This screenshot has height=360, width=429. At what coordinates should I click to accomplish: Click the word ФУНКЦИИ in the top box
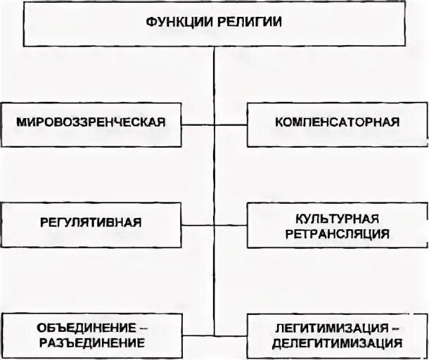point(181,22)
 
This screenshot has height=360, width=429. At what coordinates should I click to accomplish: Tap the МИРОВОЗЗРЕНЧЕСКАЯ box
point(91,123)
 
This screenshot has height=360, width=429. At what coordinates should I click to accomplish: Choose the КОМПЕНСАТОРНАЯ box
point(337,123)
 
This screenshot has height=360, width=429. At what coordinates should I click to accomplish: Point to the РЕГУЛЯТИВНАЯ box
point(91,223)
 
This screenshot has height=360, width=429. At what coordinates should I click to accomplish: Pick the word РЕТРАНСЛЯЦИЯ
point(338,232)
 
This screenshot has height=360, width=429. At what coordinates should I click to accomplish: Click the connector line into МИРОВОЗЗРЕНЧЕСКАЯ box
point(198,124)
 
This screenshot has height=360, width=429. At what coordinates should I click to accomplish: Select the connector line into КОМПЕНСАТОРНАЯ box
point(231,124)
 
